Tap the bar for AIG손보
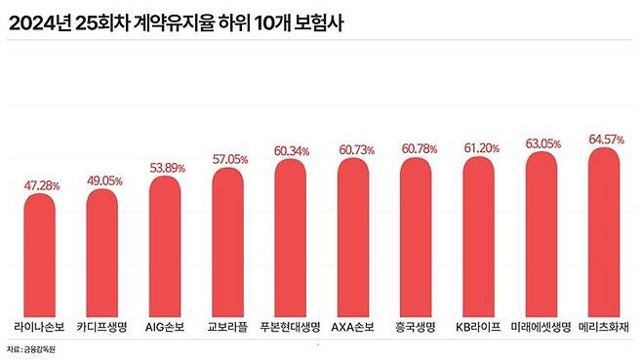pos(166,244)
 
